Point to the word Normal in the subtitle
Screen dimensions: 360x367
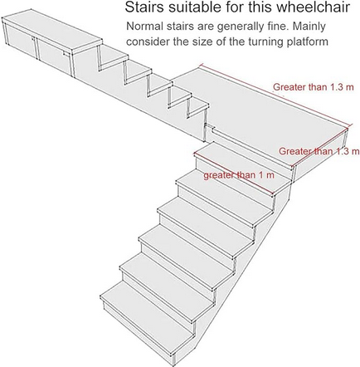(145, 27)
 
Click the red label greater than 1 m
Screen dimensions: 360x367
(239, 175)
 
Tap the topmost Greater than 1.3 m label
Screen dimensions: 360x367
(314, 87)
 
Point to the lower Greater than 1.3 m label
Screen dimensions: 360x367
(319, 151)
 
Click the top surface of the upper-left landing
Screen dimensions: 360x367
(52, 30)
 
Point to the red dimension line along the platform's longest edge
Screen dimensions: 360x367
(275, 95)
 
